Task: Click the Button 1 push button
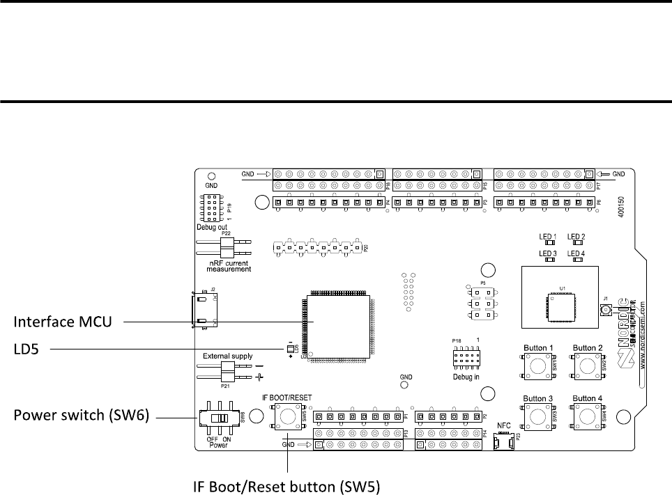[537, 364]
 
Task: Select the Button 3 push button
[537, 416]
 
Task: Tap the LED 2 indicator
[576, 243]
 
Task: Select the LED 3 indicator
[549, 260]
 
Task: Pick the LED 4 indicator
[576, 260]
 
